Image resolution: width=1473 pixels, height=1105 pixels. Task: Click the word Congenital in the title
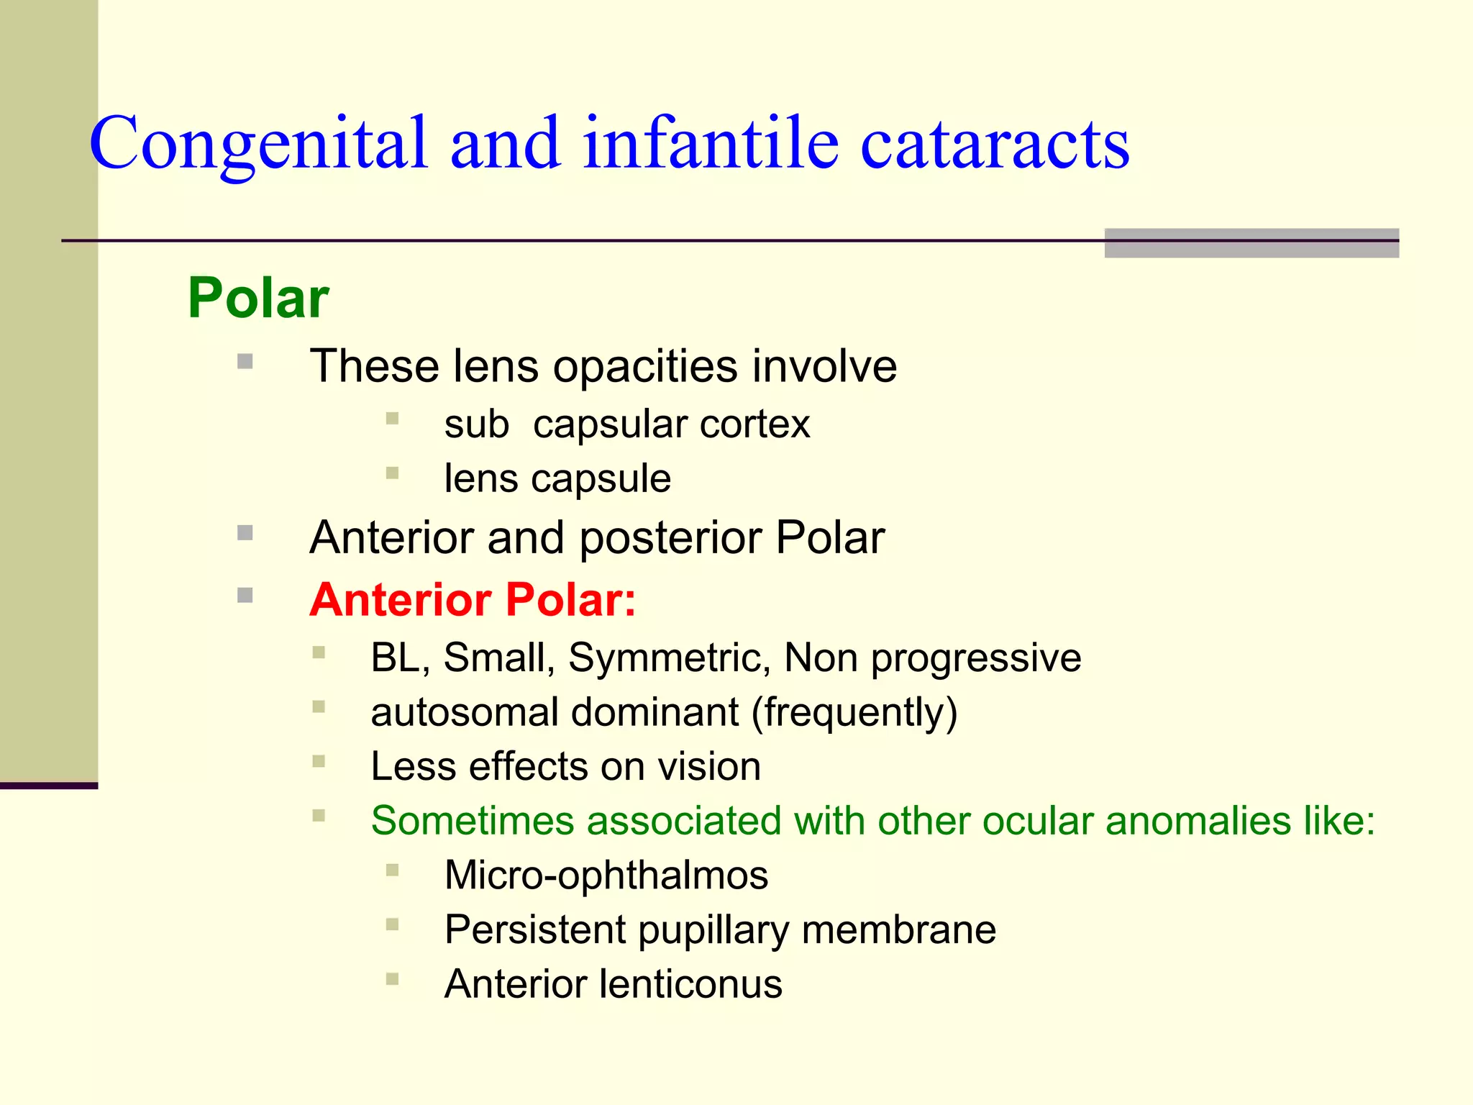click(259, 144)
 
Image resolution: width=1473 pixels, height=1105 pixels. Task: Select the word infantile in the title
click(711, 144)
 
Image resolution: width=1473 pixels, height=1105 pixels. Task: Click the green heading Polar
click(258, 298)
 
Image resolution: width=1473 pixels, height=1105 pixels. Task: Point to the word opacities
click(645, 366)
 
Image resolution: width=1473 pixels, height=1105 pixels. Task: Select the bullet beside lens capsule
click(392, 473)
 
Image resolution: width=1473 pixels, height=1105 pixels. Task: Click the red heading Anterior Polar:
click(473, 599)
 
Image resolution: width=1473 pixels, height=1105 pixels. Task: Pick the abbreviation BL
click(395, 658)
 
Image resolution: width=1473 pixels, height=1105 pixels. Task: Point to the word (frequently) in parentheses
click(854, 712)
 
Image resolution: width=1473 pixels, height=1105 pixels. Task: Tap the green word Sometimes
click(472, 821)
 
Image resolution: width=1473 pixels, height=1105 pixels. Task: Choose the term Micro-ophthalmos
click(606, 876)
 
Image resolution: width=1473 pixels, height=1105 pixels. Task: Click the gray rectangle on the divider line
click(1251, 243)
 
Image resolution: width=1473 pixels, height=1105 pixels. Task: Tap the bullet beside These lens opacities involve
click(245, 361)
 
